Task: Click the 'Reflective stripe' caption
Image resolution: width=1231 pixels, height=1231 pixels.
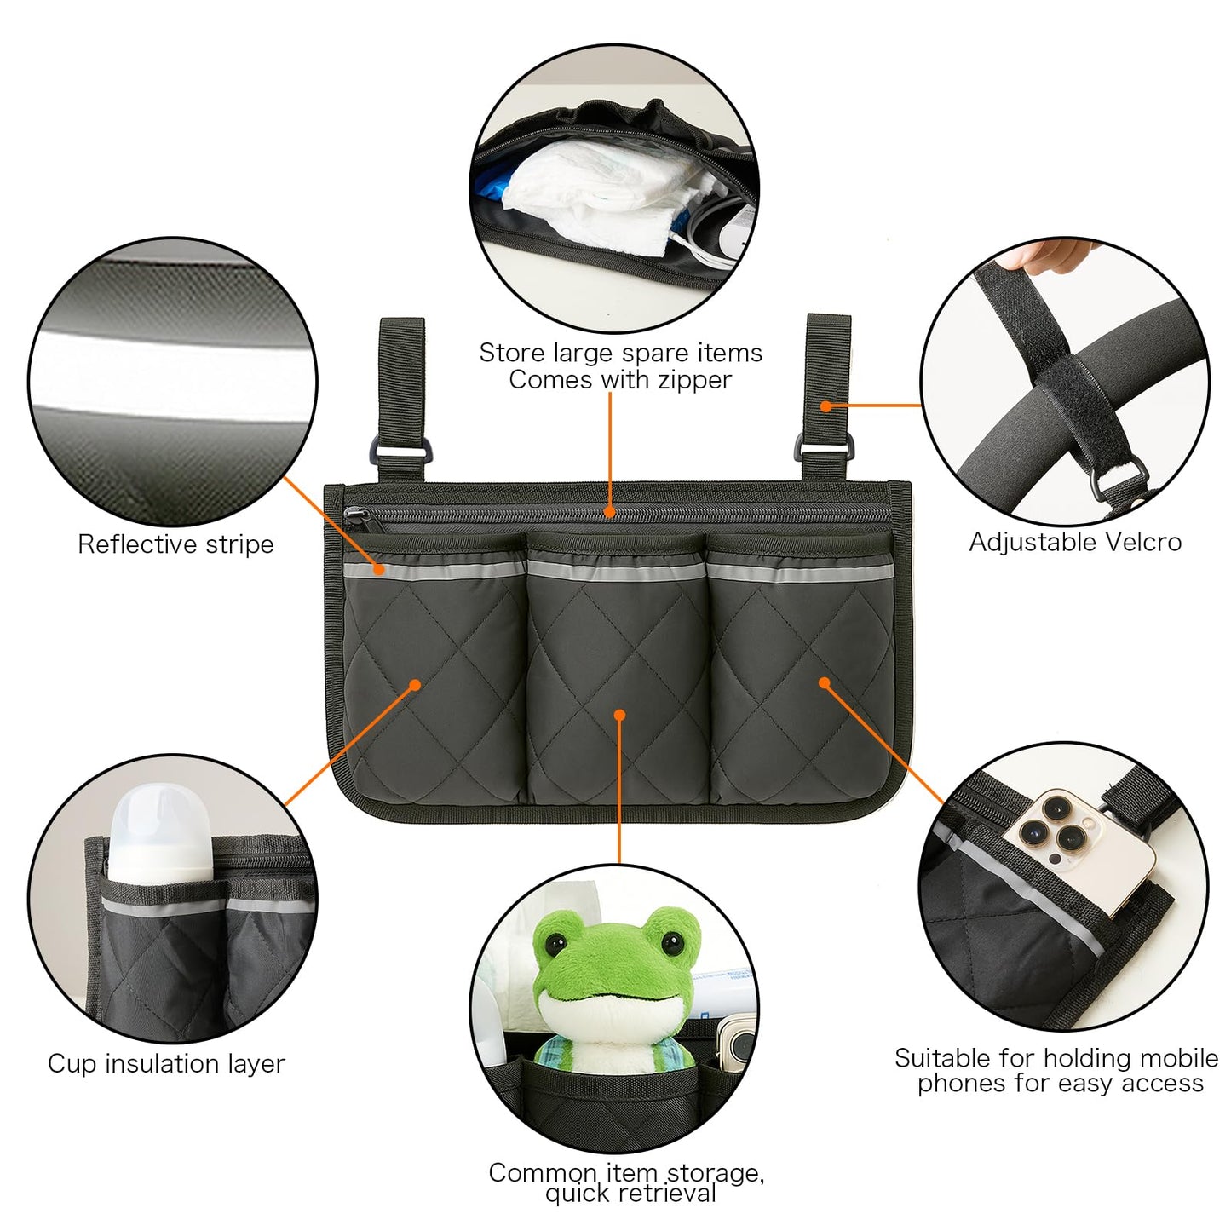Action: [x=175, y=544]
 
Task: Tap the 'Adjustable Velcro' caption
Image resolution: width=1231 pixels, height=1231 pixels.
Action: [x=1075, y=542]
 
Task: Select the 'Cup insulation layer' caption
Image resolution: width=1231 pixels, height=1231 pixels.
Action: [x=166, y=1063]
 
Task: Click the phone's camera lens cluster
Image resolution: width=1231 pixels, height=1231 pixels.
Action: [x=1050, y=825]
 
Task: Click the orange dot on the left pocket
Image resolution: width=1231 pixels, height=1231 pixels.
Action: [x=415, y=684]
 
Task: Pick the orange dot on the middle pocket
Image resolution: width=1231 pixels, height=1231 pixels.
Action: [x=619, y=716]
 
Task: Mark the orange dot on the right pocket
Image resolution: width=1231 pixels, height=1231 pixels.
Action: [x=824, y=682]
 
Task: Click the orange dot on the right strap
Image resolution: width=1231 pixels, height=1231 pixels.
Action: [x=825, y=406]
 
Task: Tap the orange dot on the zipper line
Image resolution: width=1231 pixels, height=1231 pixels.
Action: [x=609, y=512]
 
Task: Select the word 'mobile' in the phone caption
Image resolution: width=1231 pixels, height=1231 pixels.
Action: [x=1180, y=1058]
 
